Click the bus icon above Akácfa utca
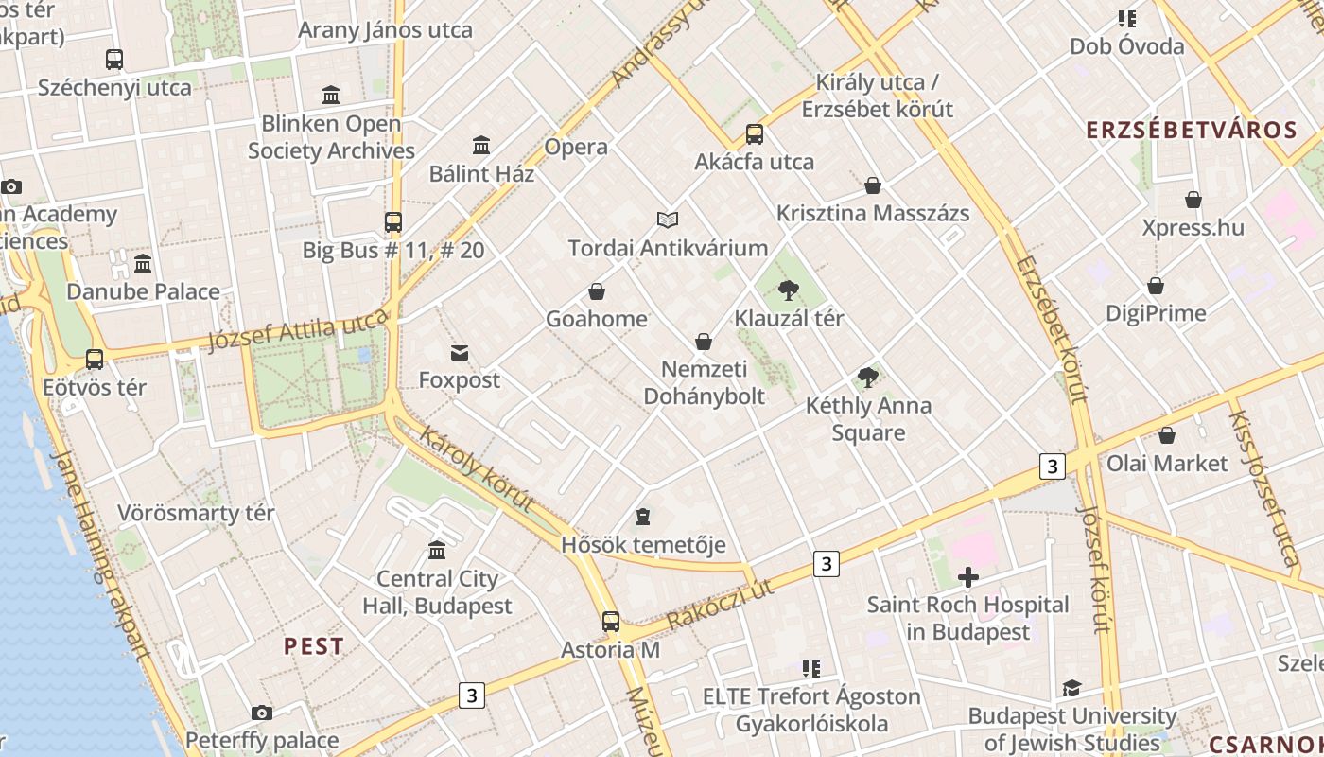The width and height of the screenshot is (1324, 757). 754,133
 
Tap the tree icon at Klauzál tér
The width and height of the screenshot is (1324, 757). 788,290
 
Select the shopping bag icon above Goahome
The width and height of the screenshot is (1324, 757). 597,290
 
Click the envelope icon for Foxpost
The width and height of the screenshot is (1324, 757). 460,353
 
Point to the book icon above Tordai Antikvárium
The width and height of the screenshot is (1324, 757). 668,220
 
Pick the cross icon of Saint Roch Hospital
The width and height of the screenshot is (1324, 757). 967,576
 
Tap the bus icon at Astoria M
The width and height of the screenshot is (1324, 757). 611,622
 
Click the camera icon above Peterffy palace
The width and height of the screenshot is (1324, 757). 262,713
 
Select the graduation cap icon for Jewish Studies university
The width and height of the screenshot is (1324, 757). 1071,688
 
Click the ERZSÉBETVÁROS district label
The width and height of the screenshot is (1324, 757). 1191,130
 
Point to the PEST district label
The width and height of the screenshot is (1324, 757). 314,646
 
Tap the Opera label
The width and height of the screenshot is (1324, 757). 576,147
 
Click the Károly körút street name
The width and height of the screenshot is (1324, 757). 477,468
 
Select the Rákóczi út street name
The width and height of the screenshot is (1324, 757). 721,604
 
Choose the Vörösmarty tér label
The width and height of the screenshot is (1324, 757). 196,513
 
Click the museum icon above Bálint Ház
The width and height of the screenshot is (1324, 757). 481,145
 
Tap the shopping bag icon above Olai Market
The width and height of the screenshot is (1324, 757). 1167,435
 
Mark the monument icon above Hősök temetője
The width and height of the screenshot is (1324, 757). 643,517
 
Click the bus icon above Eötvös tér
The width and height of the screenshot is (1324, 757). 95,360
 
